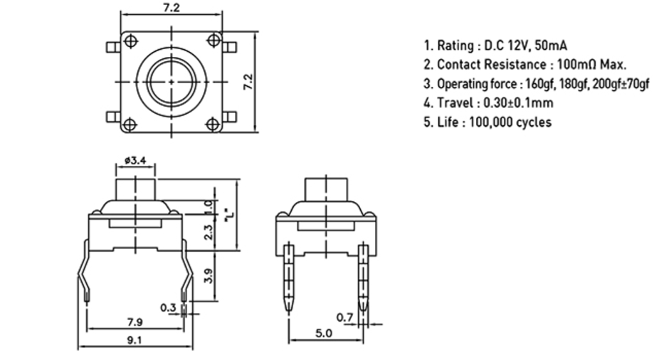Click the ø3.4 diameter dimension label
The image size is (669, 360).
(135, 160)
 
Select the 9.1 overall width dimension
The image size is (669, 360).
(134, 340)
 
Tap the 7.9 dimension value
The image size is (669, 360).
(135, 322)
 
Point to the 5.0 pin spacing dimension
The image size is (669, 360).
(324, 333)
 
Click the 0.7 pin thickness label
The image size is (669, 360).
(344, 317)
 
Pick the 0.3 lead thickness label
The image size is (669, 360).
(168, 307)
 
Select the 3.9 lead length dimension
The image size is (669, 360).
(209, 275)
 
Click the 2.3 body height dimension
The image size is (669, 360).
(209, 232)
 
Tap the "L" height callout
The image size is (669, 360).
(229, 215)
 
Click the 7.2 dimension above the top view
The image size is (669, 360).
(171, 8)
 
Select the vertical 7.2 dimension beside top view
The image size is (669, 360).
(248, 82)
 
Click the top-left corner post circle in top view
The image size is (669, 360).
(130, 41)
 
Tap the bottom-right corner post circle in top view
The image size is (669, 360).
(213, 124)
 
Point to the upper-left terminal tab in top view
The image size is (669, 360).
(113, 47)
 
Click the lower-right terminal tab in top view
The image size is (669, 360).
(229, 117)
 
